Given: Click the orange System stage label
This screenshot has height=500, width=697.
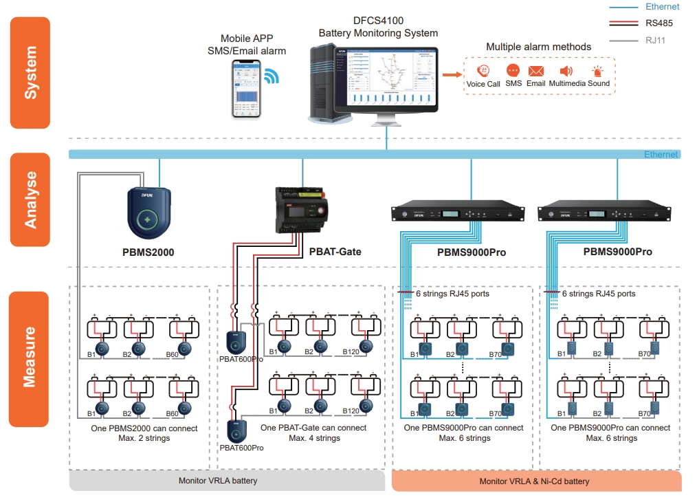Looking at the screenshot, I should pos(30,72).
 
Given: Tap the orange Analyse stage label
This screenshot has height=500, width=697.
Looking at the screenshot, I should pos(30,199).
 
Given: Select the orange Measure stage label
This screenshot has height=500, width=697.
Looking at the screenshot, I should pos(29,358).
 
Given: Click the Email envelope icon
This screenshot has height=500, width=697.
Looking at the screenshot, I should pos(536,71).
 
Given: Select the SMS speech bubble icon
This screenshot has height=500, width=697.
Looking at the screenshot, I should pos(513,71).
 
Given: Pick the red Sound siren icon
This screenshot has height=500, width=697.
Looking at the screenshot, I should pos(598,71).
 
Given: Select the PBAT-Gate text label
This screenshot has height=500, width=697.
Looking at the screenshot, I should pos(335,252).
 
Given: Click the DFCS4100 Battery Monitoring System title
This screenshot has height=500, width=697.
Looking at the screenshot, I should pos(378,27).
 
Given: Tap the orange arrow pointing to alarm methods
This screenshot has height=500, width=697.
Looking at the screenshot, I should pos(450,75).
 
